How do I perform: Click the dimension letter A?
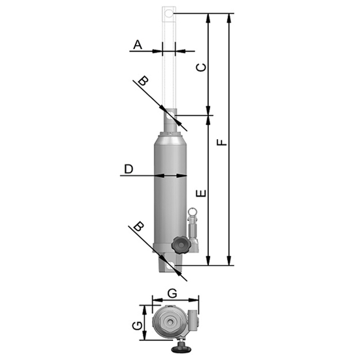pos(137,45)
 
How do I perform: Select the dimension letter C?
pos(202,67)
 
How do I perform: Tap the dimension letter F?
pos(222,142)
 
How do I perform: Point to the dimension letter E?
pos(202,194)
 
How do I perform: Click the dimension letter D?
pos(128,169)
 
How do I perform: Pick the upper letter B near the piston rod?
pos(143,81)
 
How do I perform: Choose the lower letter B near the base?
pos(139,226)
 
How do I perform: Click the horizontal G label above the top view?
pos(172,293)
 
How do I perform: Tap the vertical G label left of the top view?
pos(137,326)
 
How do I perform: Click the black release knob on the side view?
pos(181,245)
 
